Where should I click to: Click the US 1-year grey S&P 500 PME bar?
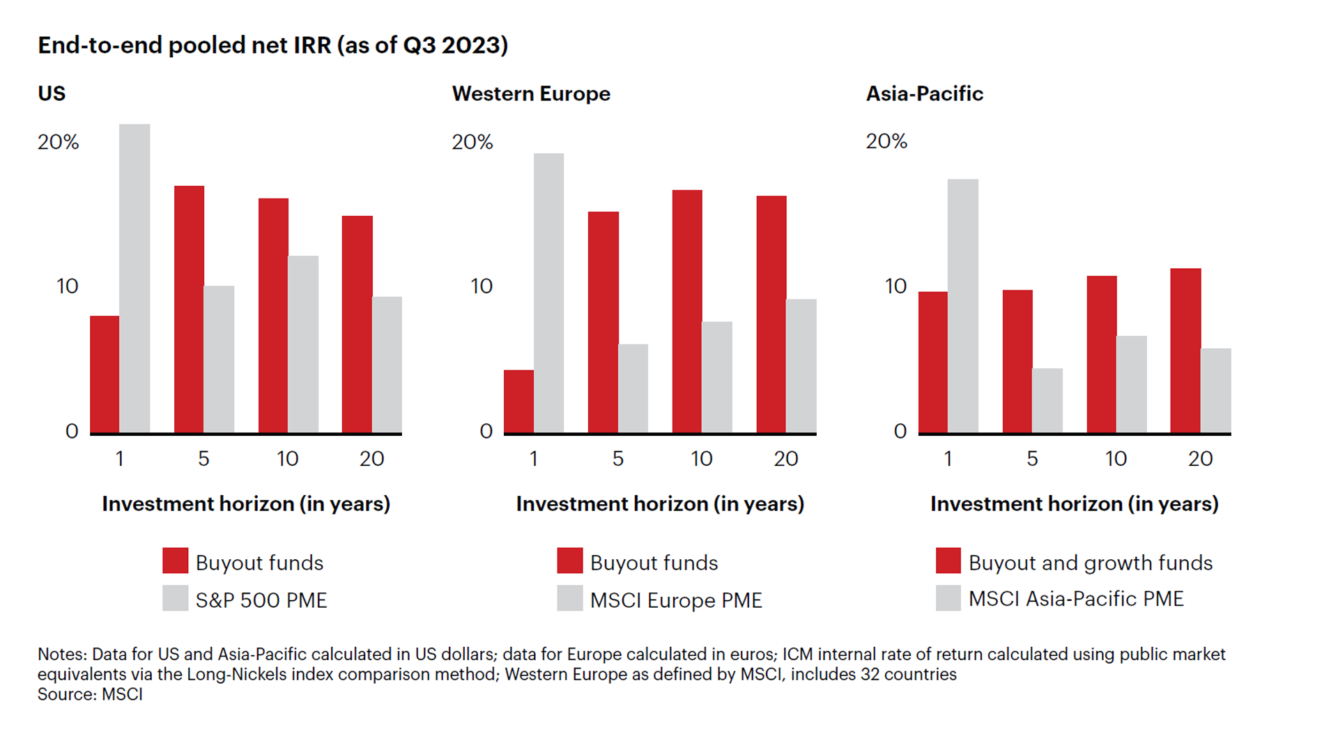134,279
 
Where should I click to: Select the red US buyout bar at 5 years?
189,309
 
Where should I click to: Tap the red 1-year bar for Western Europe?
518,402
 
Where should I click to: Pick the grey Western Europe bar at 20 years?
801,366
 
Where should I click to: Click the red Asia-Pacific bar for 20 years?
1185,350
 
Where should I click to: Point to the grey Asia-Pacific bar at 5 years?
1047,400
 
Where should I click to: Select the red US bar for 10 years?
273,315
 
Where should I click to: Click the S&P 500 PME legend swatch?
175,598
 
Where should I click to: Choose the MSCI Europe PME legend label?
675,600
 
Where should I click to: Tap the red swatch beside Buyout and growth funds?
948,561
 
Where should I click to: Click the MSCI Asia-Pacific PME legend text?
1075,599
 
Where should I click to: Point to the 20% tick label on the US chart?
59,142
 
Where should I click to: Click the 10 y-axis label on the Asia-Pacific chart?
895,286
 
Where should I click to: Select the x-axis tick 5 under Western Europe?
617,458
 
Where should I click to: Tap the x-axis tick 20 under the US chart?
371,458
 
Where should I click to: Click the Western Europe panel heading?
531,93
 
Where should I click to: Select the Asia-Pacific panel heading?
924,93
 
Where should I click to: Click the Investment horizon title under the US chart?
246,503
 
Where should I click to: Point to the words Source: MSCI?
90,694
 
